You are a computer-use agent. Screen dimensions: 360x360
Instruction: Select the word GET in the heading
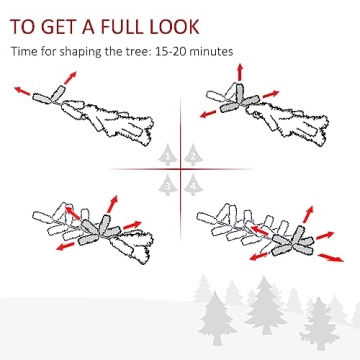click(58, 26)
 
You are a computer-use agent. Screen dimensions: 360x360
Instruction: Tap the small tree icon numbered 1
click(168, 155)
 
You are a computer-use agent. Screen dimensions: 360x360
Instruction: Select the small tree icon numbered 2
click(193, 155)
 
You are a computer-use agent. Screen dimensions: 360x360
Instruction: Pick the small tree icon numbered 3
click(168, 185)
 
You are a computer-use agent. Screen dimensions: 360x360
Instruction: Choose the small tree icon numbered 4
click(193, 185)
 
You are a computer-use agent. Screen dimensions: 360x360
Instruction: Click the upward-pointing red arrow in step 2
click(240, 72)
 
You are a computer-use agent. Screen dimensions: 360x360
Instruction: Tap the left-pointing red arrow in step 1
click(22, 91)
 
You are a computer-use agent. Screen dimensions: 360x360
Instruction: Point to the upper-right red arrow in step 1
click(70, 77)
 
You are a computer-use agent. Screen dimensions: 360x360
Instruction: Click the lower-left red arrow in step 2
click(208, 114)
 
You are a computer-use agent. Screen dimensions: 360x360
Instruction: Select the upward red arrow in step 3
click(113, 204)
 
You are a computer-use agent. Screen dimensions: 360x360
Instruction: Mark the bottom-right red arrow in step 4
click(331, 258)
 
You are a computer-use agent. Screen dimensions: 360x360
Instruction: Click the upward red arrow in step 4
click(309, 214)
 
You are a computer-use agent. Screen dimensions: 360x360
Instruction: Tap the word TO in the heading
click(22, 26)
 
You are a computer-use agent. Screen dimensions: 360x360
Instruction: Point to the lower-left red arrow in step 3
click(65, 246)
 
